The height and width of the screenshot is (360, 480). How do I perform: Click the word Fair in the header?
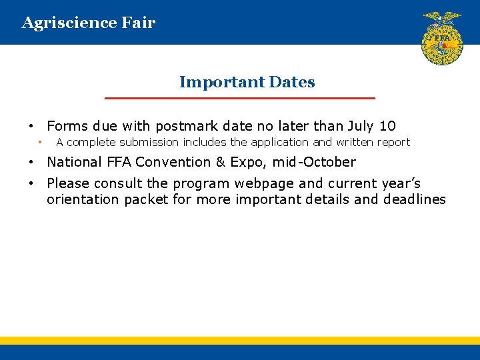(139, 23)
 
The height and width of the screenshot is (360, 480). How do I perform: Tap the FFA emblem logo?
(442, 38)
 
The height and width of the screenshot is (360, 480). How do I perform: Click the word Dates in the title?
(292, 83)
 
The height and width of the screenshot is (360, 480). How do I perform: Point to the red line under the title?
(240, 98)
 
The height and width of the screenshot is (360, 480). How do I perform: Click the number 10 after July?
(387, 126)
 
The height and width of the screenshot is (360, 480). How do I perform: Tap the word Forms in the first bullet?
(68, 126)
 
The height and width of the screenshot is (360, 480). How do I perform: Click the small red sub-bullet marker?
(40, 142)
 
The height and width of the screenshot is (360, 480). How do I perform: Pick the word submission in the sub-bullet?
(147, 142)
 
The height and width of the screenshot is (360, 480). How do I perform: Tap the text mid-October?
(314, 162)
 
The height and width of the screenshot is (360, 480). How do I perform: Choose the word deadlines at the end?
(414, 199)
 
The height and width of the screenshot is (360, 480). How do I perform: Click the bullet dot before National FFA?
(31, 162)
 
